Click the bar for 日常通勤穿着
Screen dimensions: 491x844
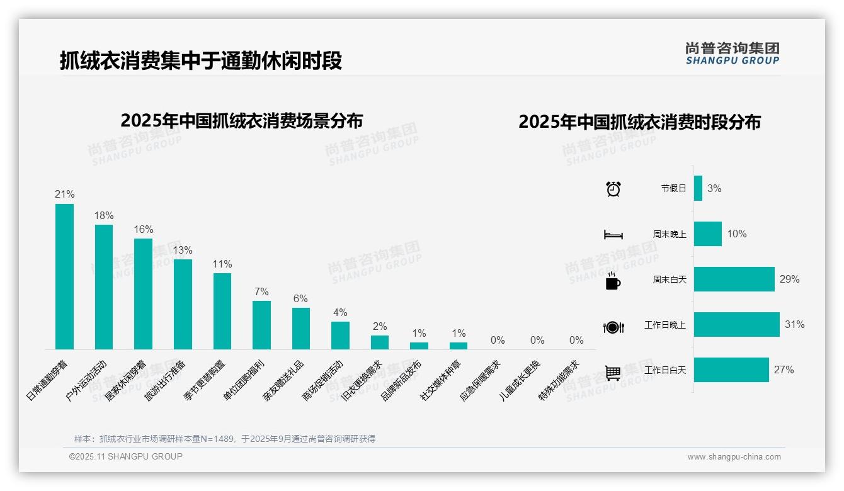point(64,276)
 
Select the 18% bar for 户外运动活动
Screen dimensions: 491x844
point(104,287)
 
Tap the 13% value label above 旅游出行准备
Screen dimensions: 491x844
point(183,250)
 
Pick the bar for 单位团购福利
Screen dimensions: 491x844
point(261,325)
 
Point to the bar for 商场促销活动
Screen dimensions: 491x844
point(340,336)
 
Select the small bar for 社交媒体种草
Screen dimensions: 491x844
point(459,346)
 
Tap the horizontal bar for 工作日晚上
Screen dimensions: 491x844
point(736,325)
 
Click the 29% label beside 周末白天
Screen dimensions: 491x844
point(789,279)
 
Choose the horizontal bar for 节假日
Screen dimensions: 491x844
point(698,188)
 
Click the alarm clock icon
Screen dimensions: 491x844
point(613,189)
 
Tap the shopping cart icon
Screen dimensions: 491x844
point(613,373)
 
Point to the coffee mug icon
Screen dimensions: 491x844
point(613,281)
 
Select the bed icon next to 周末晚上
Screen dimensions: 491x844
point(613,235)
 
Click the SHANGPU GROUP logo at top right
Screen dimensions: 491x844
point(732,53)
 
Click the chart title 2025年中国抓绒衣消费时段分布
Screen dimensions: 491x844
point(639,121)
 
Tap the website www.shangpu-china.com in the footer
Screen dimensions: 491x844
point(734,457)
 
